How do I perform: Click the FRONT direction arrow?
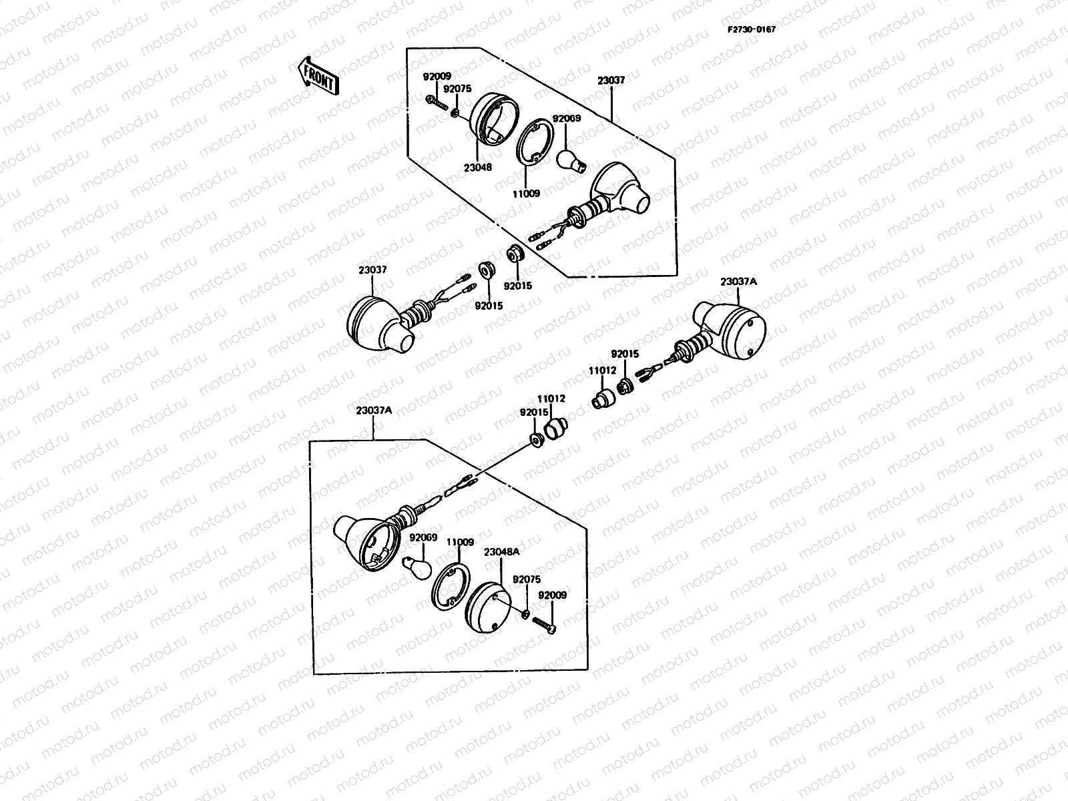point(319,75)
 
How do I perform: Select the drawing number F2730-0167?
point(752,29)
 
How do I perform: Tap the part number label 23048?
point(478,168)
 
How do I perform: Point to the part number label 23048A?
point(501,551)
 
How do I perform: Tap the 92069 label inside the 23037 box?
point(567,118)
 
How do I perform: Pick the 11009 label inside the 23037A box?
point(460,543)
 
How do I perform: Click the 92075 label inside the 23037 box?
point(457,88)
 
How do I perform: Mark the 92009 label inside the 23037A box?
point(552,595)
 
